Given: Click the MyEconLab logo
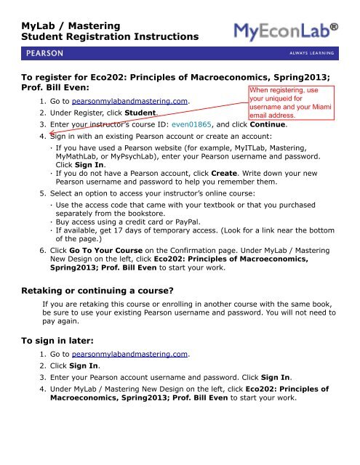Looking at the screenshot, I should [x=296, y=32].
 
